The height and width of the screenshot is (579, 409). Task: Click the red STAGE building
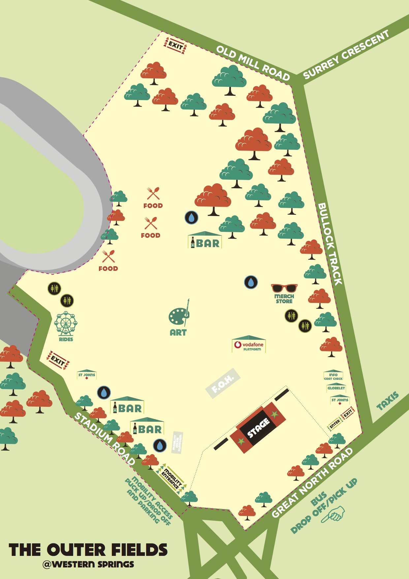tap(258, 428)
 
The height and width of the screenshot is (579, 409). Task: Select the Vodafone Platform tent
tap(249, 344)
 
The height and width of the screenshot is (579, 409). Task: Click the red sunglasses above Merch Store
tap(284, 288)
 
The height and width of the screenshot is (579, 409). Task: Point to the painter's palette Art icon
tap(178, 316)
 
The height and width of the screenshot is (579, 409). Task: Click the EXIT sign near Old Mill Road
tap(175, 46)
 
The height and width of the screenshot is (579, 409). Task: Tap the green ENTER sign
tap(335, 423)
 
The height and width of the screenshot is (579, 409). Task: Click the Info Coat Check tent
tap(333, 375)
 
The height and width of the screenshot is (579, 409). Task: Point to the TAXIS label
tap(388, 401)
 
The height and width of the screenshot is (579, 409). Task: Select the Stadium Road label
tap(105, 438)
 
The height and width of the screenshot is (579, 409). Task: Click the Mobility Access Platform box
tap(177, 442)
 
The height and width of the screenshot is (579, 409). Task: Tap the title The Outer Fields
tap(88, 550)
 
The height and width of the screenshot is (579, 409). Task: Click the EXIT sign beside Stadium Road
tap(58, 360)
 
